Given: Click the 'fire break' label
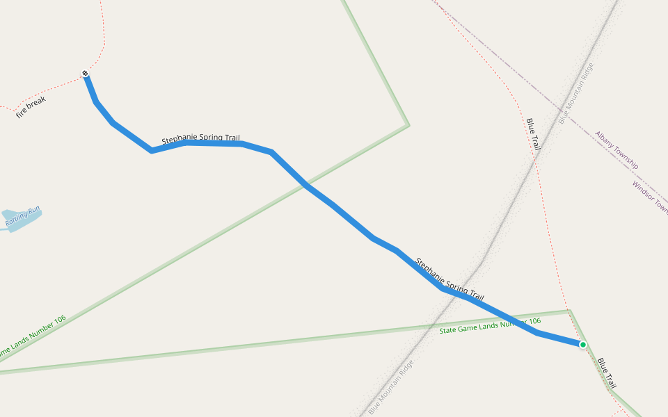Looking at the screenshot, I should [x=31, y=106].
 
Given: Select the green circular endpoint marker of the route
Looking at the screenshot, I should [x=582, y=345].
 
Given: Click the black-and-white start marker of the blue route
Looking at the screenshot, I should [x=85, y=73].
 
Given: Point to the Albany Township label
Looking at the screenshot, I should [x=616, y=150].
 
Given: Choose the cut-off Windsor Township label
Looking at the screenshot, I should [x=650, y=197].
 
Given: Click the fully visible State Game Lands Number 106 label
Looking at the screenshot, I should [x=490, y=325].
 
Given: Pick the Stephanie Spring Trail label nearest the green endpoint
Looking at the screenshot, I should [x=450, y=279].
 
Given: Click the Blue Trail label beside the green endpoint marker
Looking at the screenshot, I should [x=606, y=373].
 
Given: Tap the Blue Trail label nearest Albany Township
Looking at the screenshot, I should [x=534, y=134].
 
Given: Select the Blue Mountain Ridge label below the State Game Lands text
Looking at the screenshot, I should [x=391, y=386].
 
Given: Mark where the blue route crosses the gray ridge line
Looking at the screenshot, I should [x=462, y=295].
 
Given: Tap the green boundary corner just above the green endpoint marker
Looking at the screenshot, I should [x=569, y=310].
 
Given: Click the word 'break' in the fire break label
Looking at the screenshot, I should [x=38, y=103].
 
